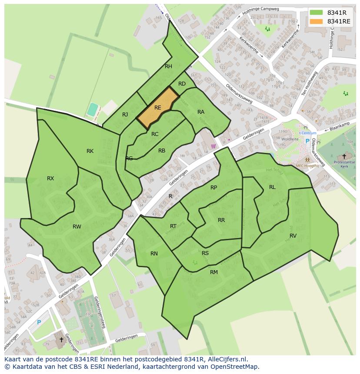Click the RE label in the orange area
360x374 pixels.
point(158,108)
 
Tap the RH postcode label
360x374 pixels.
point(168,66)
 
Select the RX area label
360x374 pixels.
point(50,178)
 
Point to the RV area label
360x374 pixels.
point(293,235)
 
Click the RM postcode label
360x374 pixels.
point(214,272)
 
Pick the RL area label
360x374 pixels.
point(272,187)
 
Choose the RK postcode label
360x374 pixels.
point(90,151)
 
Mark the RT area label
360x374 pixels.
point(173,226)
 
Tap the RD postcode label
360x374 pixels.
point(182,84)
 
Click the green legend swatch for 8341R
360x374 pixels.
point(316,12)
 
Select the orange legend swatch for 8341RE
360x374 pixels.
point(316,21)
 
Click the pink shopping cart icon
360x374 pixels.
point(213,146)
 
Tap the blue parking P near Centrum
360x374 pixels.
point(307,141)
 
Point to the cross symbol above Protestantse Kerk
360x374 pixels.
point(344,156)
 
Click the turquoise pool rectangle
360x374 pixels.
point(92,109)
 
